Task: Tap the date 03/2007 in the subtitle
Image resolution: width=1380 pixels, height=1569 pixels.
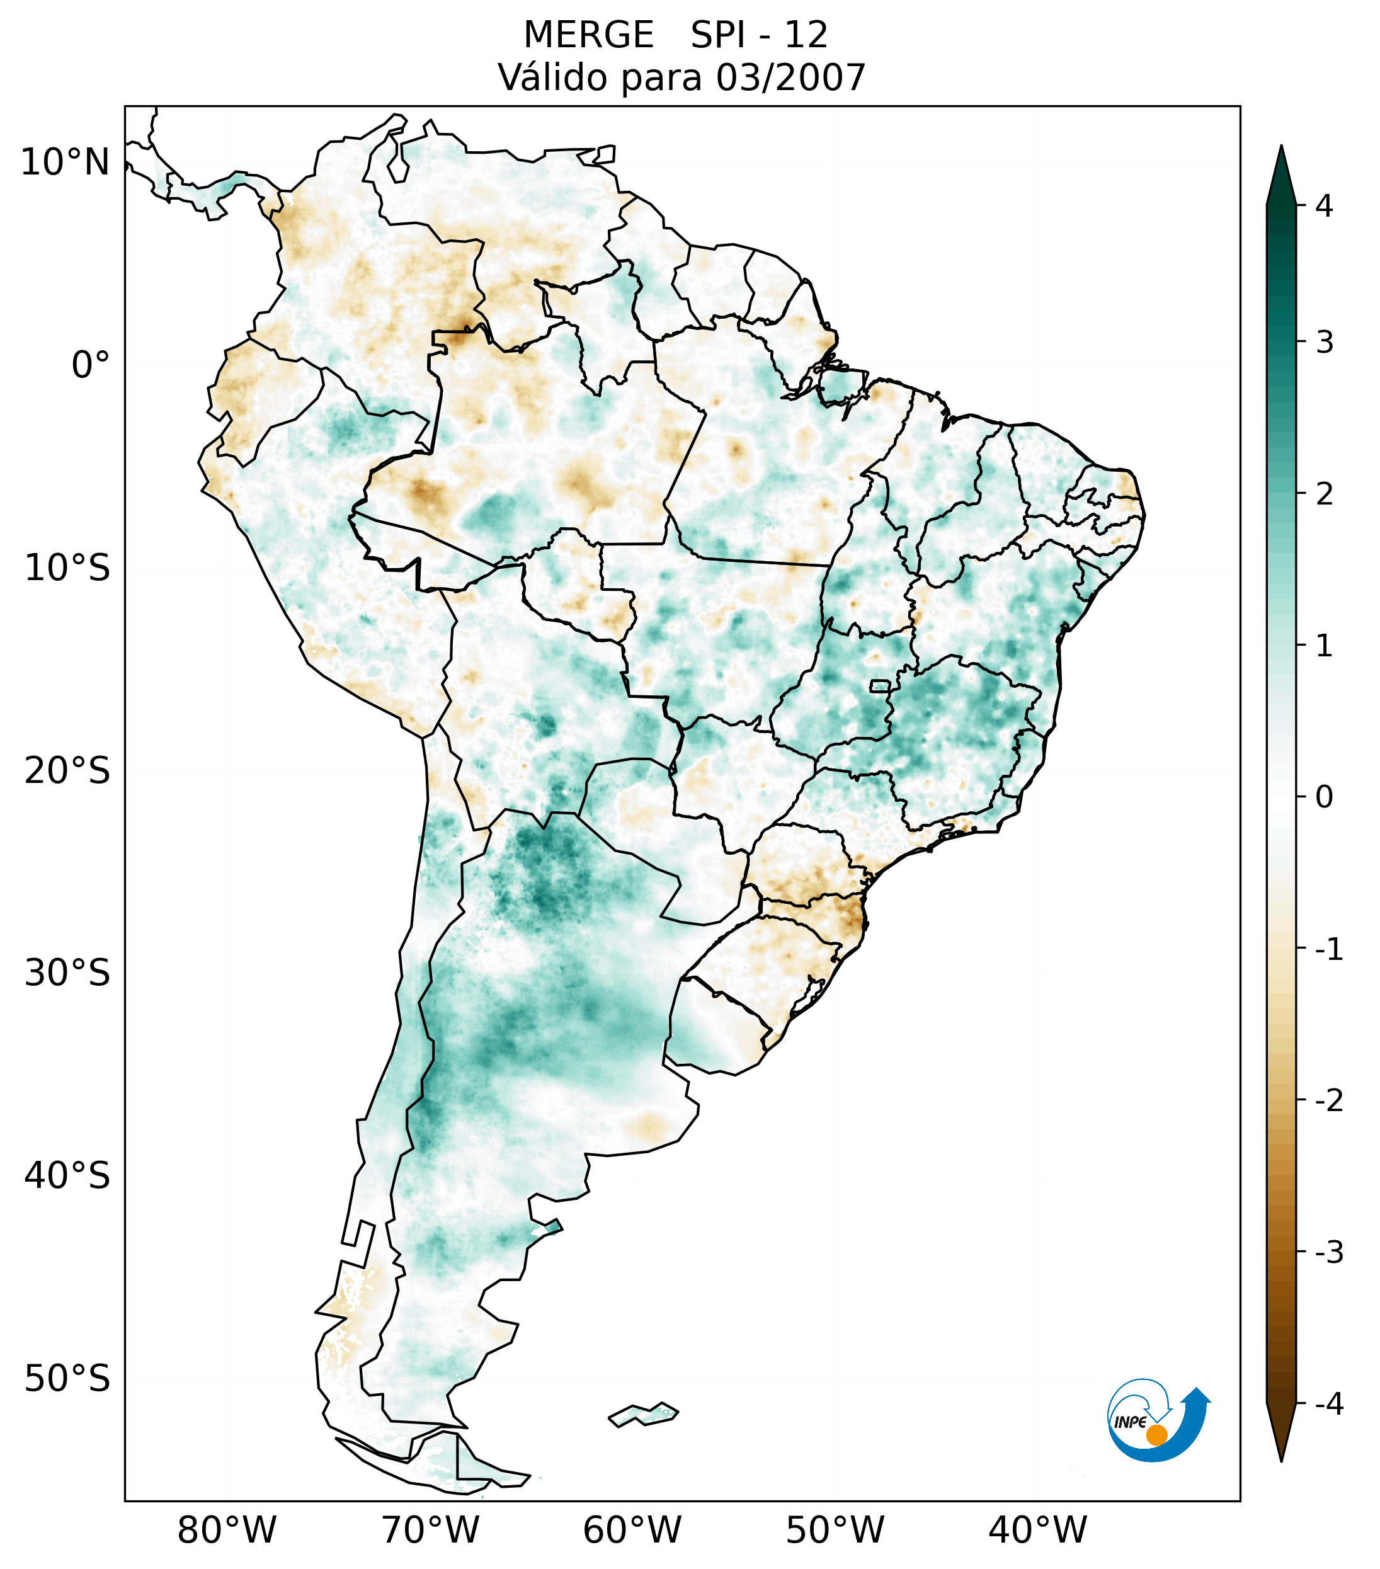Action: [x=790, y=77]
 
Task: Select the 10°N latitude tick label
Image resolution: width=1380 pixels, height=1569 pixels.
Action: [x=66, y=163]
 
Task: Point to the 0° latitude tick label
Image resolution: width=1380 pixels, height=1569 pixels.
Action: [x=91, y=365]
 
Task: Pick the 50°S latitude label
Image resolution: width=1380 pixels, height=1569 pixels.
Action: [x=67, y=1379]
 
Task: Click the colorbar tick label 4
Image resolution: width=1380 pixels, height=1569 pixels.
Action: [x=1324, y=206]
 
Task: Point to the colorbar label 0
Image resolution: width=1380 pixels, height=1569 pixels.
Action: [x=1324, y=797]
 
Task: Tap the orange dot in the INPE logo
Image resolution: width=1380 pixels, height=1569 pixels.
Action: [x=1156, y=1435]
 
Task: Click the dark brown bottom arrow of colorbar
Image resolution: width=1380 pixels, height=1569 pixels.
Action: [x=1281, y=1432]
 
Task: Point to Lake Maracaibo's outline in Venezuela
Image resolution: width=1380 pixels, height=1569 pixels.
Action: [x=398, y=159]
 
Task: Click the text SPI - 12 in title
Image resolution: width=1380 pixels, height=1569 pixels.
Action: [x=759, y=35]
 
